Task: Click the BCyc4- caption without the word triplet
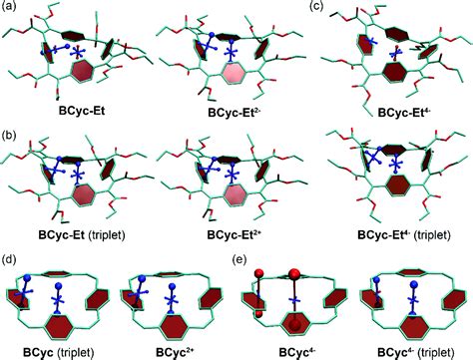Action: pyautogui.click(x=296, y=351)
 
